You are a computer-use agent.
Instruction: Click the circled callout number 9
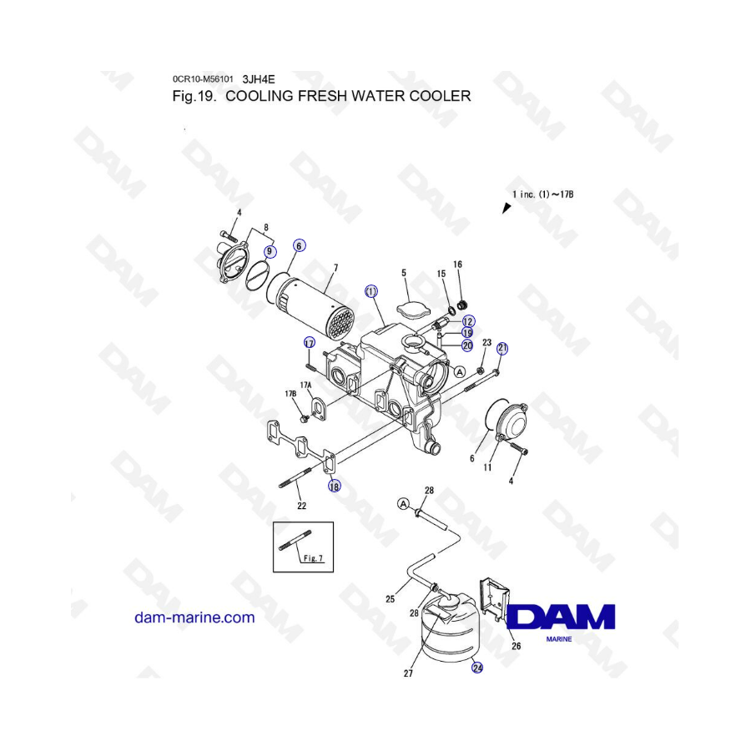pos(270,251)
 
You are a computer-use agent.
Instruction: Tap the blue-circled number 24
pos(477,667)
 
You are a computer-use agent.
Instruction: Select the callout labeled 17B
pos(290,394)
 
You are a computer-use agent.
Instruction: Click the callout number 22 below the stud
pos(301,506)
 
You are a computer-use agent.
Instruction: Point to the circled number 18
pos(335,486)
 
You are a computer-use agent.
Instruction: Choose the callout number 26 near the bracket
pos(516,646)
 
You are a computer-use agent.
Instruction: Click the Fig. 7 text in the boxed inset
pos(314,558)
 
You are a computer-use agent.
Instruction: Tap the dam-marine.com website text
pos(194,617)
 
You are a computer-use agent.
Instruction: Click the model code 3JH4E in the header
pos(259,79)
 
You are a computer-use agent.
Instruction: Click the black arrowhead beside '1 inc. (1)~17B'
pos(507,208)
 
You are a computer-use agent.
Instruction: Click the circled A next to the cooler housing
pos(459,371)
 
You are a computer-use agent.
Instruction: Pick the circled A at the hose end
pos(404,504)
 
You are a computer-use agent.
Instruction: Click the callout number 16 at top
pos(457,265)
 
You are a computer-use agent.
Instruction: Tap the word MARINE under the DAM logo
pos(559,639)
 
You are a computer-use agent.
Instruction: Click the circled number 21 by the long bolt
pos(502,348)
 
